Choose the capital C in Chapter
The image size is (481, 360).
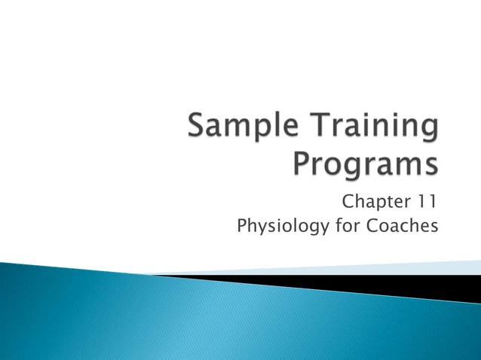(x=349, y=201)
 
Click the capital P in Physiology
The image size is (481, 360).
(x=242, y=225)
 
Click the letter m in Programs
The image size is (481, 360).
(x=404, y=165)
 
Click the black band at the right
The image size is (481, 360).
(x=422, y=285)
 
